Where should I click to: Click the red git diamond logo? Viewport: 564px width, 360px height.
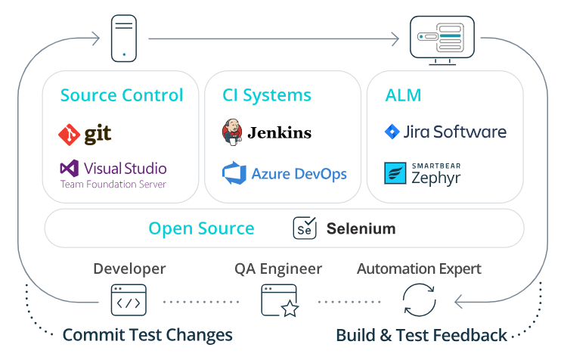[69, 135]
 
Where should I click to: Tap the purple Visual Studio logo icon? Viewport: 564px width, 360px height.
[69, 168]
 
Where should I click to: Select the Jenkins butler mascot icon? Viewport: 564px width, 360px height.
[232, 132]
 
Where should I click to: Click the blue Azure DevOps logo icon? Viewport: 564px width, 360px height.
[234, 172]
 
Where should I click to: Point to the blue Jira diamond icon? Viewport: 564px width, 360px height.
[392, 132]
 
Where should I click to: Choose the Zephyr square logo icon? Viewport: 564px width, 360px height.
[395, 173]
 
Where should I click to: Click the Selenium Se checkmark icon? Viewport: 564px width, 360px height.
[305, 228]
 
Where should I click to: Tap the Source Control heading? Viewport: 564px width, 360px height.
[122, 95]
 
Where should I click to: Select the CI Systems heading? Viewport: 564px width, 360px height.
[267, 96]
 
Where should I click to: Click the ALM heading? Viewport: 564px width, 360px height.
[403, 95]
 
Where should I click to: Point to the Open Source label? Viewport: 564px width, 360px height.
[201, 228]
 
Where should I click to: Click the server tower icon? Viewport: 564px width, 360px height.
[124, 38]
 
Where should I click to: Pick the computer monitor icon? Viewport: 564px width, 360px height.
[442, 40]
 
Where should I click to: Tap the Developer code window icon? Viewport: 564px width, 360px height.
[129, 300]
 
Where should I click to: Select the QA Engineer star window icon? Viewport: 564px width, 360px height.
[280, 300]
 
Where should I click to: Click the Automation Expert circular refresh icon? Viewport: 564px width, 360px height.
[419, 300]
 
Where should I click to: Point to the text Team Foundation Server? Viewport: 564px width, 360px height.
[113, 185]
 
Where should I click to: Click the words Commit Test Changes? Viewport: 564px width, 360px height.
[147, 335]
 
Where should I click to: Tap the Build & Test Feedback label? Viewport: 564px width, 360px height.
[421, 335]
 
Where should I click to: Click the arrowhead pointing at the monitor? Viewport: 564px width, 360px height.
[395, 39]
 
